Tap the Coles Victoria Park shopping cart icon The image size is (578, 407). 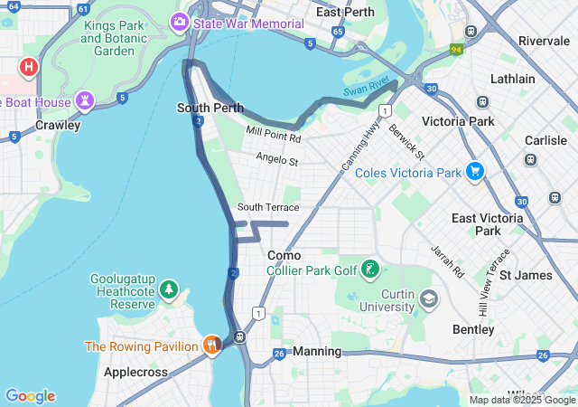pos(475,171)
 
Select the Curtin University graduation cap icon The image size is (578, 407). pos(429,298)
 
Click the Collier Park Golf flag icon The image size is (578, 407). pos(369,269)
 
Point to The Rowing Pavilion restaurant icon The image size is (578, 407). pos(211,345)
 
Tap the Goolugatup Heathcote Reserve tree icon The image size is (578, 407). pos(168,289)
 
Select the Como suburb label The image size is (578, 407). pos(284,255)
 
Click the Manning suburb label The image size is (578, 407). pos(317,351)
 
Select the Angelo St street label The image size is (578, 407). pos(276,160)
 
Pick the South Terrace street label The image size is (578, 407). pos(268,207)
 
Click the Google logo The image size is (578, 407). pos(30,396)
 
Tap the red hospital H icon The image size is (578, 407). pos(29,67)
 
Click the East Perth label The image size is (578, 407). pos(340,12)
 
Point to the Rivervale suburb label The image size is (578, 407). pos(544,41)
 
